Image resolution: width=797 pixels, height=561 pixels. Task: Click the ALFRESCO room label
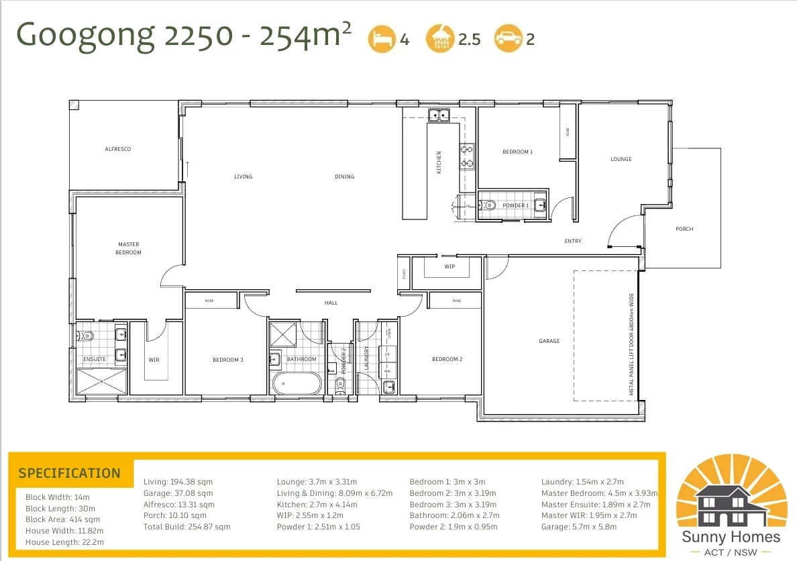[117, 149]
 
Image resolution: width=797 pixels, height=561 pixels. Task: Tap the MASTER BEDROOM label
[128, 248]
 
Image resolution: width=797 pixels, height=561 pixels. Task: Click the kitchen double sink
[440, 115]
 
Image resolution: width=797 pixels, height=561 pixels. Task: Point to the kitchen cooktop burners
[467, 156]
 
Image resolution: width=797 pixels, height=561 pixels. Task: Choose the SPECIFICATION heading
[69, 473]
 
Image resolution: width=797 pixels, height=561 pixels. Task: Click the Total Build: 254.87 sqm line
[187, 527]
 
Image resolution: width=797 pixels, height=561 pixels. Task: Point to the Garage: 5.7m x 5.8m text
[578, 527]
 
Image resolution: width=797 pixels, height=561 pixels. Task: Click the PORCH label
[684, 229]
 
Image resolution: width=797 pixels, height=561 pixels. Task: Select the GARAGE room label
[549, 341]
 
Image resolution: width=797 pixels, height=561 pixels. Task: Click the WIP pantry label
[449, 266]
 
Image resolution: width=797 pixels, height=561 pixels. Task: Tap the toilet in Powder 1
[488, 205]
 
